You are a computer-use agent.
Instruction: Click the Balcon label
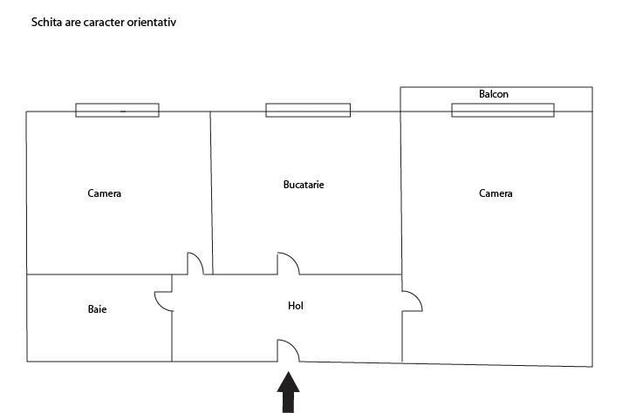click(493, 94)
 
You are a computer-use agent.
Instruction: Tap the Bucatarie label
click(304, 185)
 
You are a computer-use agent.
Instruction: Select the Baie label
click(98, 309)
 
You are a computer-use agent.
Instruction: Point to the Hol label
click(296, 306)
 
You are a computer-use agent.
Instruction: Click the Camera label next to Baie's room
click(105, 193)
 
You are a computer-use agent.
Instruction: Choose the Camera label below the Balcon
click(496, 193)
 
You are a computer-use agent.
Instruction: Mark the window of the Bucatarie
click(308, 111)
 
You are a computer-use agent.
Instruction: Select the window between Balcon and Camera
click(503, 111)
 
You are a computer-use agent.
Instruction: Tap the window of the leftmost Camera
click(117, 111)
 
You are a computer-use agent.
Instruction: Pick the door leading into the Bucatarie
click(288, 263)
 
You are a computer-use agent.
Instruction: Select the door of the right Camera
click(412, 301)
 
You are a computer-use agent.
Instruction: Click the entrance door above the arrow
click(288, 350)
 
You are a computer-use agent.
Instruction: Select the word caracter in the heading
click(102, 22)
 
